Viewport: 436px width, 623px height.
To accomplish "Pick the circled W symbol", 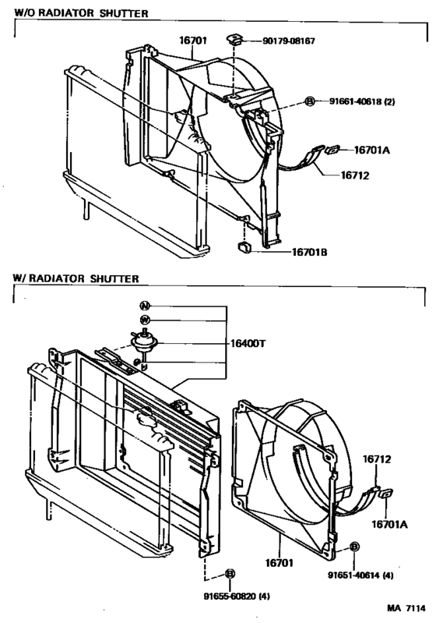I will click(144, 320).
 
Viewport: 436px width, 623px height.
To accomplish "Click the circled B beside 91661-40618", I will click(309, 102).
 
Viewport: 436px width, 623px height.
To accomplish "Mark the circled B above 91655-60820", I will click(230, 574).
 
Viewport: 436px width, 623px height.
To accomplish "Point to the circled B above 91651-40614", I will click(354, 548).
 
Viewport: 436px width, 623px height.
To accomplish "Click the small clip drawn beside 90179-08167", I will click(234, 38).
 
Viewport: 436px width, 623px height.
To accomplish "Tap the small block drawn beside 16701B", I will click(243, 248).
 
